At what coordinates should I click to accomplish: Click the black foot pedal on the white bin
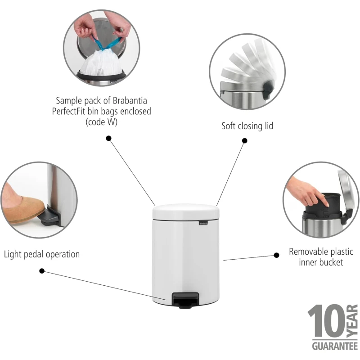[x=185, y=300]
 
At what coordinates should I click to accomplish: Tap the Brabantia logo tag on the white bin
[x=203, y=223]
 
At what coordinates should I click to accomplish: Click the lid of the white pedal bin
[x=186, y=211]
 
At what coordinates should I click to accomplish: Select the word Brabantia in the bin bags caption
[x=130, y=100]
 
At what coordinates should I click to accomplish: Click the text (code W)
[x=102, y=122]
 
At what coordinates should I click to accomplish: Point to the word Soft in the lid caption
[x=229, y=126]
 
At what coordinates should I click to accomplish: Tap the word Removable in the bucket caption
[x=306, y=252]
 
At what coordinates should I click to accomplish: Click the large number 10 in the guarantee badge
[x=326, y=321]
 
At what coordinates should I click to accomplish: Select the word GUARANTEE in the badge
[x=335, y=346]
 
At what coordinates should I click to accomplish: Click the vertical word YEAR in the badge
[x=352, y=321]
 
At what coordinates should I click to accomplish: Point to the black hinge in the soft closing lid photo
[x=268, y=90]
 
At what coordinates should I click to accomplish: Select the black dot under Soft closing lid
[x=245, y=141]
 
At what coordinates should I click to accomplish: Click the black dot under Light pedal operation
[x=42, y=271]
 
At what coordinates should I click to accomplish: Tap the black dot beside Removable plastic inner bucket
[x=277, y=255]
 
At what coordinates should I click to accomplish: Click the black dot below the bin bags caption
[x=108, y=138]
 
